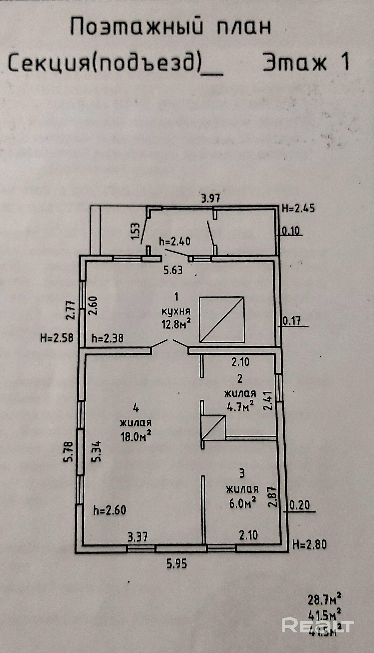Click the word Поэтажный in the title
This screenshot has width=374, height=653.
click(x=137, y=27)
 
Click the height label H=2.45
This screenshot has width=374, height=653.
click(x=298, y=209)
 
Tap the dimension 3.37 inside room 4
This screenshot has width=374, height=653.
click(x=138, y=537)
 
